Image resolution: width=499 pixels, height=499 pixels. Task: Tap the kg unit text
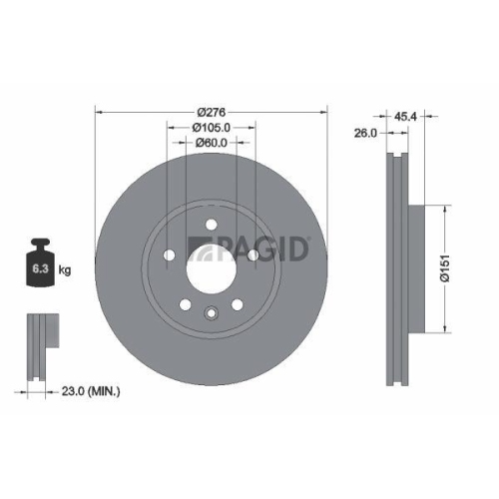click(64, 270)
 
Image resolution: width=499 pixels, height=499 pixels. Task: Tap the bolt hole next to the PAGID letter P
click(251, 254)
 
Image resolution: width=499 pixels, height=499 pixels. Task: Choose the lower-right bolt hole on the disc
click(236, 304)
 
